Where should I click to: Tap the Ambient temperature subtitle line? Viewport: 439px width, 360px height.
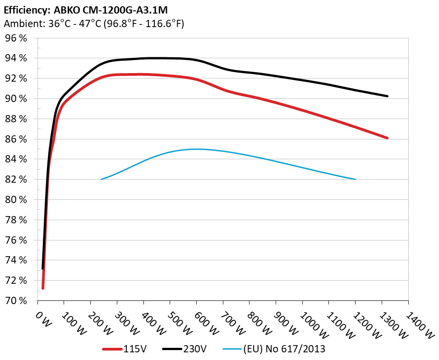[x=94, y=24]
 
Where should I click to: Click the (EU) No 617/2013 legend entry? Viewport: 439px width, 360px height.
[x=275, y=349]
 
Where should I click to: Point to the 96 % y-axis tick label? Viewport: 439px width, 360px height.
[x=16, y=38]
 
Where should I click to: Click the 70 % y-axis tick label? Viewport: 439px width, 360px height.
[x=16, y=300]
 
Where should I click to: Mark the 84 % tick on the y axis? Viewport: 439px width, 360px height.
[x=16, y=159]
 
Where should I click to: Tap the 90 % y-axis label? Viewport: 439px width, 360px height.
[x=16, y=99]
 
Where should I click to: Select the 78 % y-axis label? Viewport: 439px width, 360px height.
[x=16, y=220]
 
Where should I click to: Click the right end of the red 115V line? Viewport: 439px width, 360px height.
[x=387, y=138]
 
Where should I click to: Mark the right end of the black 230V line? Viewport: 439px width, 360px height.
[x=387, y=96]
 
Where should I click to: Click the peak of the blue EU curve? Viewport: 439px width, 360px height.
[x=197, y=149]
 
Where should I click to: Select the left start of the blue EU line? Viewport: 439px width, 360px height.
[x=102, y=179]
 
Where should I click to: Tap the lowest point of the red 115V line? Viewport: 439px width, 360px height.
[x=43, y=288]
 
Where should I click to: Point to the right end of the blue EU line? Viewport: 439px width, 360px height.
[x=356, y=179]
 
